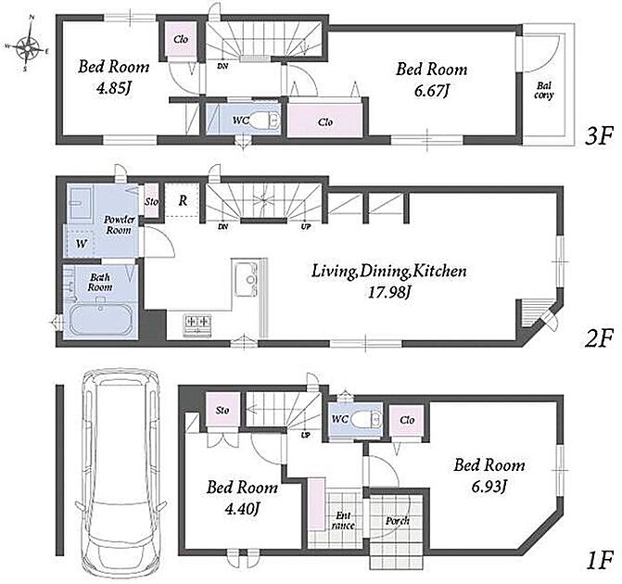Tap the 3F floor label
point(599,136)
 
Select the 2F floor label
point(599,338)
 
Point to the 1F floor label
point(600,560)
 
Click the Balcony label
point(543,91)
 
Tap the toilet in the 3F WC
point(264,120)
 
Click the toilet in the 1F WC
point(366,419)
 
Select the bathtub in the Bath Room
point(101,320)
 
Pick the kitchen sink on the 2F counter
point(246,280)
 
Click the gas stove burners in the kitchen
point(197,325)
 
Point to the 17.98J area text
point(389,293)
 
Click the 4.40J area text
point(242,508)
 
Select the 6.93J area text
point(489,487)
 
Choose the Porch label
point(397,521)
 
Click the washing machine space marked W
point(81,243)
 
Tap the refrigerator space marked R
point(183,200)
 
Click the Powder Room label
point(119,224)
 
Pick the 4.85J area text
point(113,88)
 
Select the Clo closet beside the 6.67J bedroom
point(324,121)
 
